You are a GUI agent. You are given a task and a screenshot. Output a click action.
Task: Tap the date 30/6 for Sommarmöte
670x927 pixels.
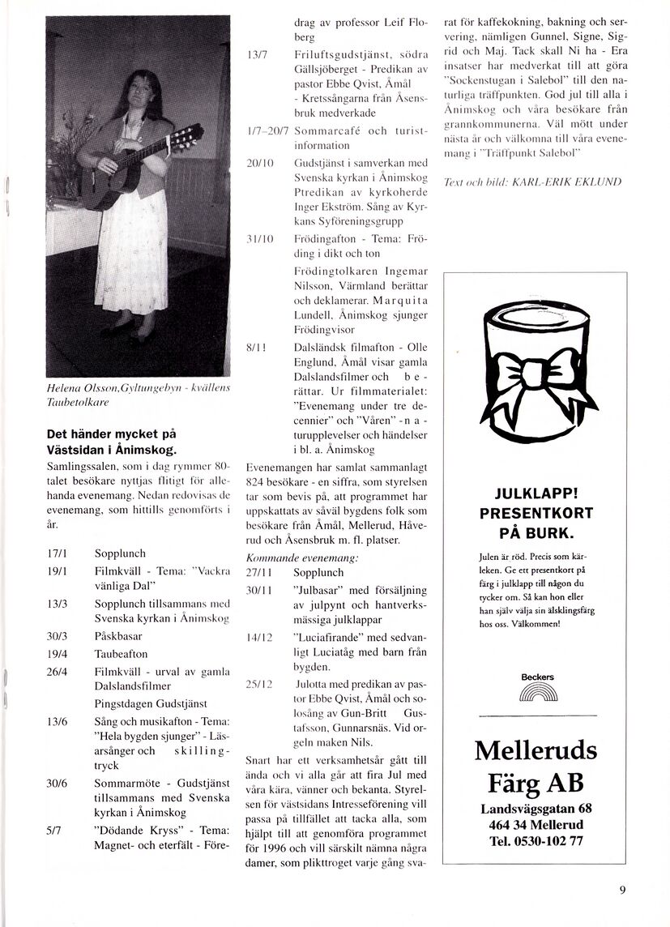point(56,784)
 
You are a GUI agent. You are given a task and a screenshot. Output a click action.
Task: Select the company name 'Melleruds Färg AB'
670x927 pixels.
point(536,767)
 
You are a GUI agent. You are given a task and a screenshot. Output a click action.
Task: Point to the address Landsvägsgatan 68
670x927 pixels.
point(536,809)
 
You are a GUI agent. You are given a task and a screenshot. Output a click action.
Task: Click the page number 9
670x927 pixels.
point(621,889)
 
